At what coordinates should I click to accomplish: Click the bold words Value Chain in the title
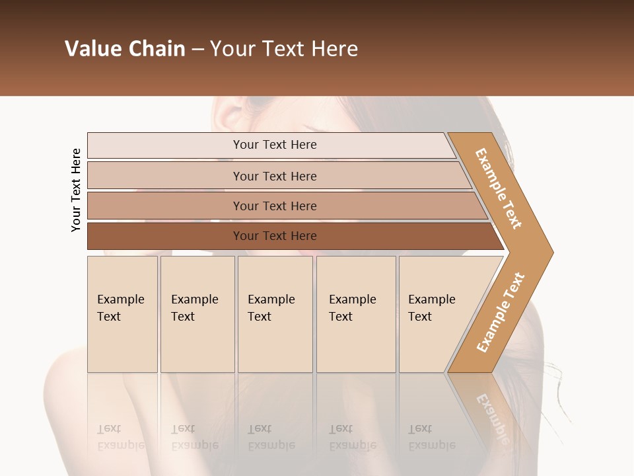pos(125,49)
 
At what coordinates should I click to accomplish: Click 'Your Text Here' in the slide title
pos(284,49)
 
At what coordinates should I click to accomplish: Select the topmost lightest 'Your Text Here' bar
pos(275,145)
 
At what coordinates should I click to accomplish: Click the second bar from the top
pos(275,176)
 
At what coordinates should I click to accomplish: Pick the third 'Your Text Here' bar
pos(275,206)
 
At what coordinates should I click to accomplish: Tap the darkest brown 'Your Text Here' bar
pos(275,236)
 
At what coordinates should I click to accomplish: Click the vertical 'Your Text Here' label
pos(76,190)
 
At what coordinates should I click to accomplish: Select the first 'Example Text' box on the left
pos(122,314)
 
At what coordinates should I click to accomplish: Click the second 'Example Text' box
pos(197,314)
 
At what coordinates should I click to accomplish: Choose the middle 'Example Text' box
pos(275,314)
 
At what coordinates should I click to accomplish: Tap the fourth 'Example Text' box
pos(355,314)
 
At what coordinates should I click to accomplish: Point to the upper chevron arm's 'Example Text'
pos(499,188)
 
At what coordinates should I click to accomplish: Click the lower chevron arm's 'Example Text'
pos(501,312)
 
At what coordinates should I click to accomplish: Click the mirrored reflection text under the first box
pos(120,438)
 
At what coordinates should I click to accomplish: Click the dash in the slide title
pos(197,50)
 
